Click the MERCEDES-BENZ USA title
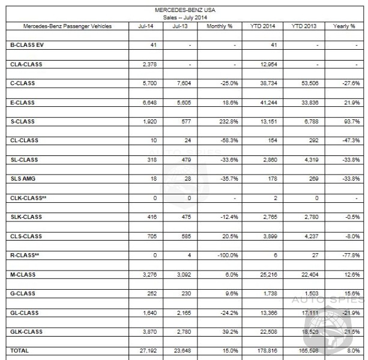[184, 10]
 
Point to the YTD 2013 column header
[304, 26]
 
